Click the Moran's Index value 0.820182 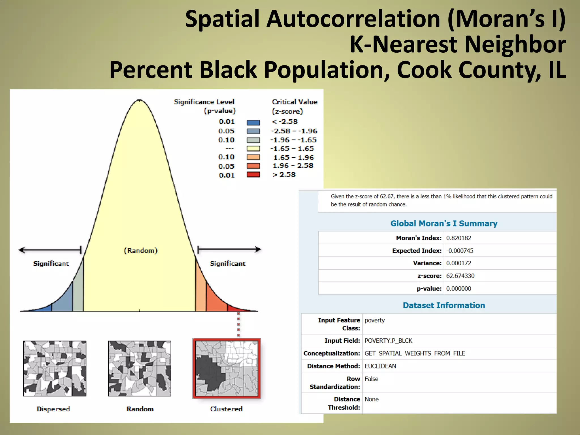point(459,238)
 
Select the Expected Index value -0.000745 point(460,251)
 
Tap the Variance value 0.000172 point(459,263)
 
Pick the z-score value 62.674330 point(460,276)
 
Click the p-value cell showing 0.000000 point(459,289)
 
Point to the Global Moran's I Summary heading point(444,223)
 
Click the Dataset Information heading point(444,305)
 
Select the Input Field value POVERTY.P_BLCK point(388,341)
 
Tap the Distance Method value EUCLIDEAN point(380,366)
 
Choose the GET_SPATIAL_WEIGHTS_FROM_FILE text point(415,353)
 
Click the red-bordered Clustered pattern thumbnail point(227,368)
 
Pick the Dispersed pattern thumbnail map point(55,368)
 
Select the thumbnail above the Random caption point(140,368)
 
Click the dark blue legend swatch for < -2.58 point(253,123)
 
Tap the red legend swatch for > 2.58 point(253,174)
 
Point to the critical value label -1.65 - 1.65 point(292,149)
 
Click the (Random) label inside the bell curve point(141,251)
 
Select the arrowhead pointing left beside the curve point(22,250)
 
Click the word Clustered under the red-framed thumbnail point(226,409)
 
